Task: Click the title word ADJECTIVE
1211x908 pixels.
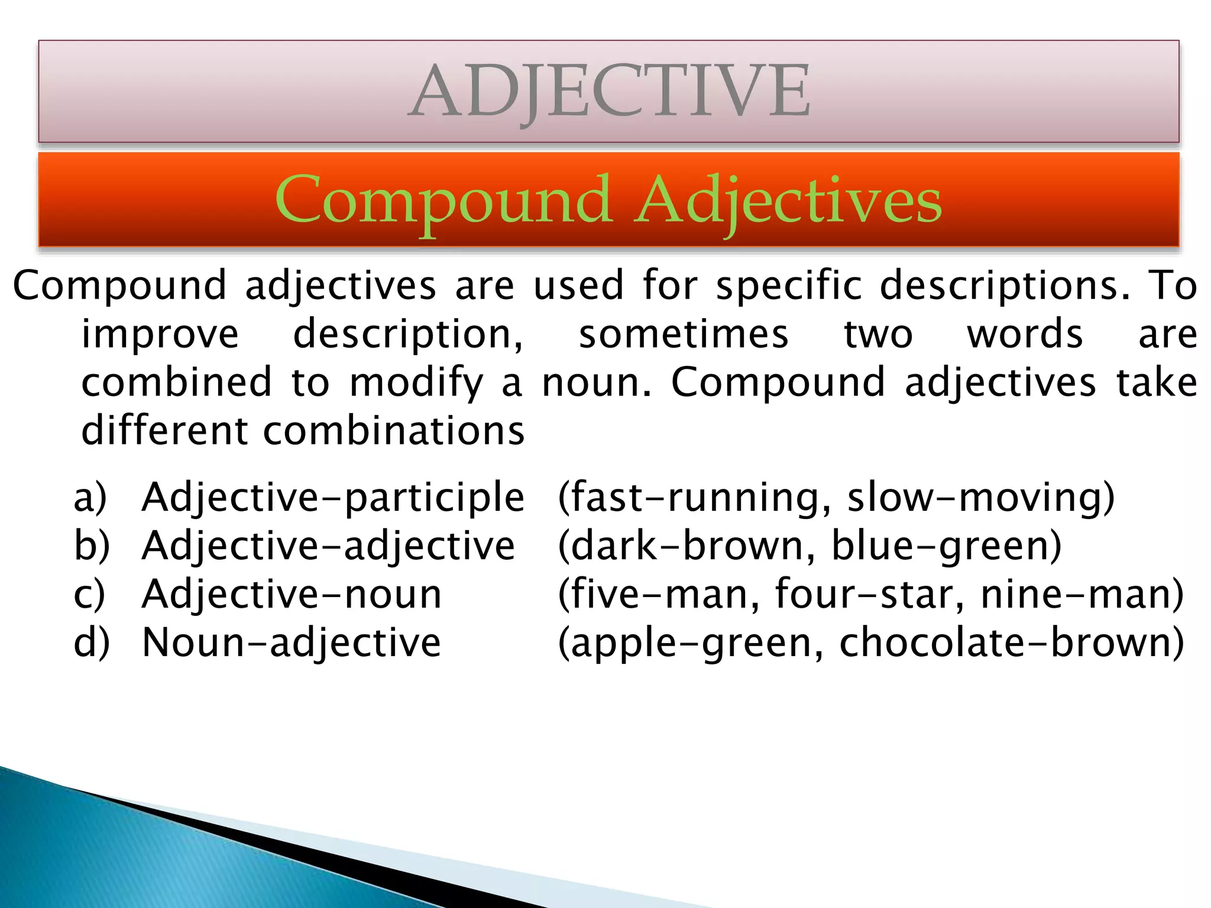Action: (x=609, y=92)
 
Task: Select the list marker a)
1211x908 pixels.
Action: (x=90, y=497)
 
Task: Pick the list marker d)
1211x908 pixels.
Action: (x=92, y=642)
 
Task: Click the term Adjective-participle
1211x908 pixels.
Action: (x=333, y=497)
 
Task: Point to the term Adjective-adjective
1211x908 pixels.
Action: (x=328, y=546)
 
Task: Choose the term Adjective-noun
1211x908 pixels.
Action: (x=292, y=594)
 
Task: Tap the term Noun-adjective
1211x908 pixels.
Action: (x=292, y=642)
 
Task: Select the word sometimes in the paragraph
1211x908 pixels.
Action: (x=683, y=334)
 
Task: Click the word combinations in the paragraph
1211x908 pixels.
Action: (x=393, y=430)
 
